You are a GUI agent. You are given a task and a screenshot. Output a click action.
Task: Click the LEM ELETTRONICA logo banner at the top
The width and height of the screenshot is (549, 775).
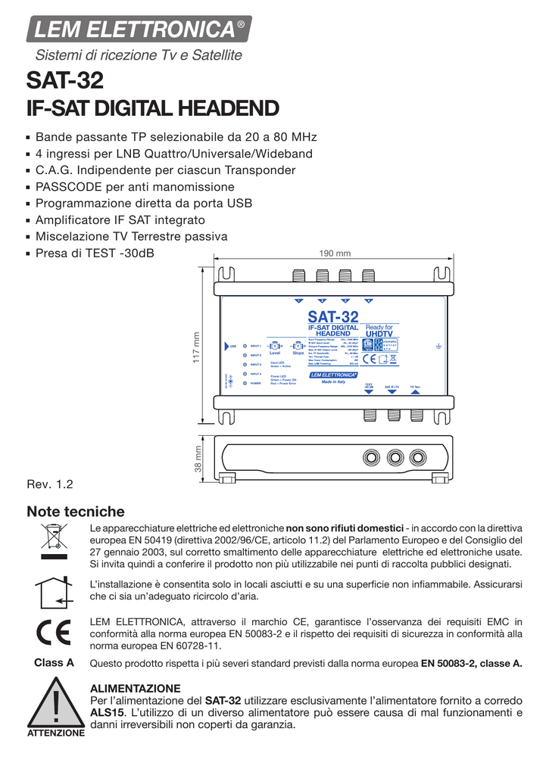click(139, 30)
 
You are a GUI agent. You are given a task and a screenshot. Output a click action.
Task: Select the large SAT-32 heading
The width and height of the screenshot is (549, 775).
click(64, 80)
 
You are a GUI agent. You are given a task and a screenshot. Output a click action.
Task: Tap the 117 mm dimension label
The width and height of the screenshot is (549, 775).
click(195, 347)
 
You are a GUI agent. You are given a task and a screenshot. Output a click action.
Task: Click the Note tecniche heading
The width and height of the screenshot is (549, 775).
click(75, 512)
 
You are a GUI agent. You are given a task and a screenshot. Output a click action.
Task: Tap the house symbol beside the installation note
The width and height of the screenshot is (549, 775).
click(55, 590)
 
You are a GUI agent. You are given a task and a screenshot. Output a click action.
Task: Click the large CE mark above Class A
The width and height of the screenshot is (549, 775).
click(55, 632)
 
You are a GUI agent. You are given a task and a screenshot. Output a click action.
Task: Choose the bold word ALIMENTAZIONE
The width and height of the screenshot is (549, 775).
click(135, 688)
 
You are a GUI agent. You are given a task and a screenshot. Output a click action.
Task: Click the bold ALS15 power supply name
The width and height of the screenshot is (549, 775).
click(107, 712)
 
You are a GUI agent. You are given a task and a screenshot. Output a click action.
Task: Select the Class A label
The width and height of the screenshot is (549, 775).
click(55, 662)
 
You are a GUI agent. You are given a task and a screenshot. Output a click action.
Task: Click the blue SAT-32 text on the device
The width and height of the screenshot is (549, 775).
click(332, 316)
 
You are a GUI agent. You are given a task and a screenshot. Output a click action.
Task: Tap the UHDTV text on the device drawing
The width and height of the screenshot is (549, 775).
click(380, 333)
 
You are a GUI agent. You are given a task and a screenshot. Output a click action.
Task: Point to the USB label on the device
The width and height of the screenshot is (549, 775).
click(233, 346)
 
